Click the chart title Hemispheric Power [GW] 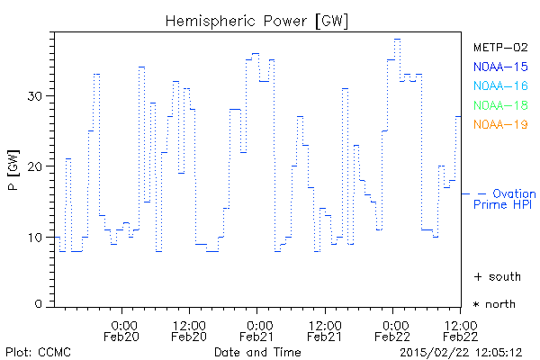point(256,20)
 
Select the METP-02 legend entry point(499,47)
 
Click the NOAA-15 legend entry point(499,67)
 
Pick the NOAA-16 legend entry point(499,86)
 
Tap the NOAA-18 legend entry point(499,106)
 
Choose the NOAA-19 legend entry point(499,125)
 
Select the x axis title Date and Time point(256,350)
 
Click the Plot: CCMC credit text point(37,350)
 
